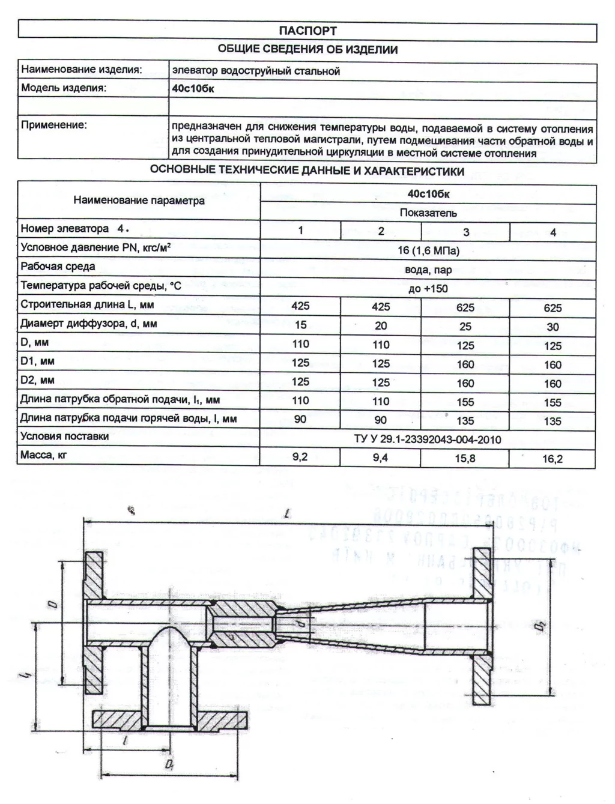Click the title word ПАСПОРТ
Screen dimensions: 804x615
click(307, 31)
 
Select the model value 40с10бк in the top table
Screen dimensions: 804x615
click(193, 89)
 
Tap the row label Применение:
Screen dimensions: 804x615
click(54, 125)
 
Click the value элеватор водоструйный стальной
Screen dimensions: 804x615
click(256, 71)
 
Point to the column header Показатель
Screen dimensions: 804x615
click(428, 213)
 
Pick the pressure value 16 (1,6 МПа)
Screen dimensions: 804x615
click(428, 250)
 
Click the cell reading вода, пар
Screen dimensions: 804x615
click(428, 270)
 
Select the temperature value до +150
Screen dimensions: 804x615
click(428, 288)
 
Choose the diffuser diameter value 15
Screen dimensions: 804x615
click(300, 325)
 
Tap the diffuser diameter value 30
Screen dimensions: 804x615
click(553, 327)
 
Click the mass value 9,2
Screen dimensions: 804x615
click(300, 457)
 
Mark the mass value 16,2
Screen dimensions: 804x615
click(553, 459)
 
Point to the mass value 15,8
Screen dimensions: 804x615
click(465, 459)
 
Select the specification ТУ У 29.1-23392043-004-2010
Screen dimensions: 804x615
click(428, 440)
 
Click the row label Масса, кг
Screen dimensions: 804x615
click(44, 455)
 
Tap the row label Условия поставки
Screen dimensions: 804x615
click(65, 437)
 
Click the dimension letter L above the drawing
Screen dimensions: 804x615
click(289, 514)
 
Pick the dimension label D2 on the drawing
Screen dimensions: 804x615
click(539, 628)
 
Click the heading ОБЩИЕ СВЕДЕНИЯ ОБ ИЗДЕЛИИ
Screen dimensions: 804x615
click(307, 50)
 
